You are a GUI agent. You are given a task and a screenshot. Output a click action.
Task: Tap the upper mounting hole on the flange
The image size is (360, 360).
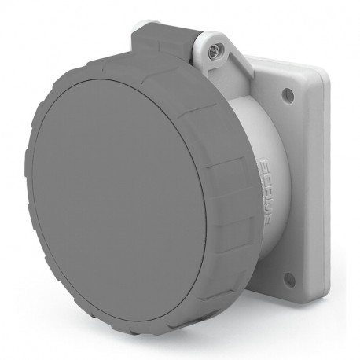288,94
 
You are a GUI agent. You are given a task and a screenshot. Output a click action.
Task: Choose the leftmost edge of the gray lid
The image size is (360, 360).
26,189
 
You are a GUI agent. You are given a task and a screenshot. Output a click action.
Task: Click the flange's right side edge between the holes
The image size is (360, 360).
324,189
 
